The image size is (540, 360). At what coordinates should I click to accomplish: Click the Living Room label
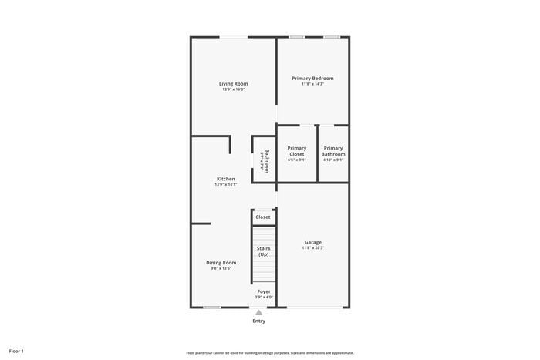233,83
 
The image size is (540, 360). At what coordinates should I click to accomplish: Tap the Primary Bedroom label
312,78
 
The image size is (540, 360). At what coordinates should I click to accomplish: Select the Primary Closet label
297,151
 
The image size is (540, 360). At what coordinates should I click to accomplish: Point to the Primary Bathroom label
333,151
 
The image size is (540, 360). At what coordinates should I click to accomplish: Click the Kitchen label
225,179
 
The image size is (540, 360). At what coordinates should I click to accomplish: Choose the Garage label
312,242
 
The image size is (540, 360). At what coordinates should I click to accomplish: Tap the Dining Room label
221,262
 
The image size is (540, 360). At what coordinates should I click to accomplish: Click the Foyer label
264,291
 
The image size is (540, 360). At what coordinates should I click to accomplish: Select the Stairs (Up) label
263,251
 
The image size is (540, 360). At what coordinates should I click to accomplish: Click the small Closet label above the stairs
263,217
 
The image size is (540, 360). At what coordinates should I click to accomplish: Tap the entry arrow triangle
259,313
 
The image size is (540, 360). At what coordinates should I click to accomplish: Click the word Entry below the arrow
259,321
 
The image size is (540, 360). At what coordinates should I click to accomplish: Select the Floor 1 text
16,351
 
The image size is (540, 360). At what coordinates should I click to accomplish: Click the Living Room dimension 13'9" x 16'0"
233,90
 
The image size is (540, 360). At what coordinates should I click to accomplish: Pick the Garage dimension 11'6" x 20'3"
312,248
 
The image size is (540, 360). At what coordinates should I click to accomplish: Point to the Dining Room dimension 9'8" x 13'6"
221,268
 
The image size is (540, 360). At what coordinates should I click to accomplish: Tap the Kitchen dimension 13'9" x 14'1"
225,185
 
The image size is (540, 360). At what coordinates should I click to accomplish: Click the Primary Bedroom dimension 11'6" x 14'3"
312,84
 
